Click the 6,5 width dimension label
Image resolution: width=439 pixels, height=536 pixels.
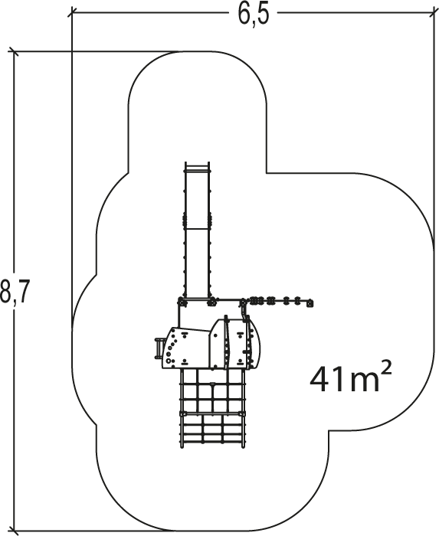point(254,15)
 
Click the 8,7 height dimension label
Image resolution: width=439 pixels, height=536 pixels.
point(13,290)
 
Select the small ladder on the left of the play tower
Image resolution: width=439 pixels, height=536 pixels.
point(159,348)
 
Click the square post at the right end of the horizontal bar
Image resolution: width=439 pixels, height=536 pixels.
point(310,303)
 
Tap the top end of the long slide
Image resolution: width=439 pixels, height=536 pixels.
point(197,164)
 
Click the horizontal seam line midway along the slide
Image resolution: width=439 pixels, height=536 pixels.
point(197,228)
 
